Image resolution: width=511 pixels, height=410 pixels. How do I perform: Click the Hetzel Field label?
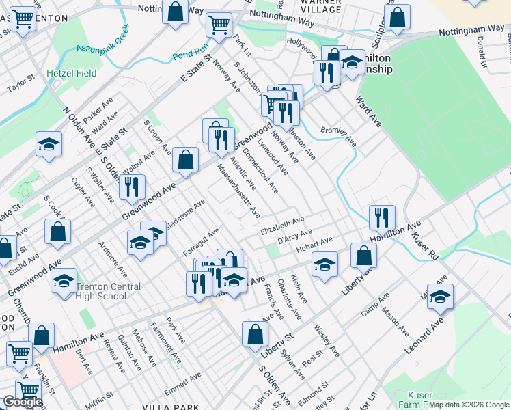click(68, 71)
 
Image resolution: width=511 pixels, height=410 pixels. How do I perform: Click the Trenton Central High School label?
click(101, 291)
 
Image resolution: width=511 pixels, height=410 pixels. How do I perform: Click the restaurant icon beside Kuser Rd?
click(382, 217)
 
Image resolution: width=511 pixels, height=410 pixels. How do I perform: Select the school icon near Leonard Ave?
click(441, 297)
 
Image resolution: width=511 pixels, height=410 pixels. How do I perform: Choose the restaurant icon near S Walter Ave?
click(132, 186)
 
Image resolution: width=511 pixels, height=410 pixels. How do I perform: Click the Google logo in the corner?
click(23, 402)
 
